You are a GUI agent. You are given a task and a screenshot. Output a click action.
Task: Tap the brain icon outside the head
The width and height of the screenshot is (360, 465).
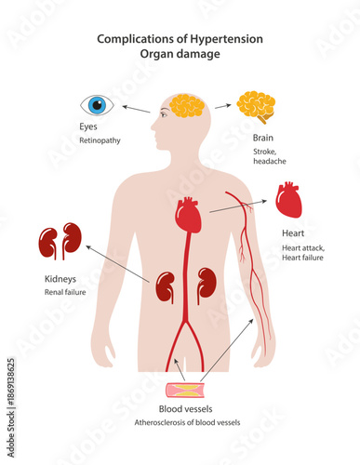click(256, 105)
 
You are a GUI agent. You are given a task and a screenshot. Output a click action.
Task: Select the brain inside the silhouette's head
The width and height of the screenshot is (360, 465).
click(186, 105)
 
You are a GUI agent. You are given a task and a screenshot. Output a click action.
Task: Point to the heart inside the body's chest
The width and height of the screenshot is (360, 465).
click(188, 216)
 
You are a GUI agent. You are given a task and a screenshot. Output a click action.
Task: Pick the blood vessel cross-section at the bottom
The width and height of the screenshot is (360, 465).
click(191, 392)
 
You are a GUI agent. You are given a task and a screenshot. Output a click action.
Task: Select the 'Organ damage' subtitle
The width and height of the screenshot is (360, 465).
click(180, 54)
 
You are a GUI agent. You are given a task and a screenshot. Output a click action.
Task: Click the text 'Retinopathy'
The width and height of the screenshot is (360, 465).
click(99, 141)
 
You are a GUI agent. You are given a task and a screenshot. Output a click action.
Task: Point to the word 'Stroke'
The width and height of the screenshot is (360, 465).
click(265, 150)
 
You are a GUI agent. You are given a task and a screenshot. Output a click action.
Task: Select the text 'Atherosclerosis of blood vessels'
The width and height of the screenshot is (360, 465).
click(186, 422)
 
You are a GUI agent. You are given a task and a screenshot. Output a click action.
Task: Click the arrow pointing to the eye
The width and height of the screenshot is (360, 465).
click(136, 109)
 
